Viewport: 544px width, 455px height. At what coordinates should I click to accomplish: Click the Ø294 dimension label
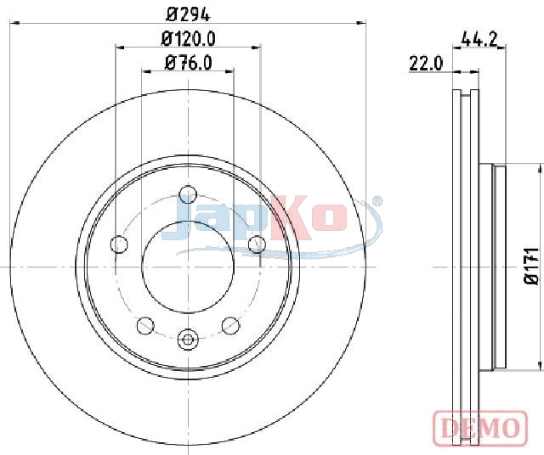tap(189, 14)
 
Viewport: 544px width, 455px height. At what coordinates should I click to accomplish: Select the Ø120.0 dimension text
tap(189, 38)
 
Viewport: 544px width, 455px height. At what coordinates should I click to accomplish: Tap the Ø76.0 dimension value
tap(189, 63)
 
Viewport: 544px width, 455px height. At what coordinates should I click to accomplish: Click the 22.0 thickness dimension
tap(426, 64)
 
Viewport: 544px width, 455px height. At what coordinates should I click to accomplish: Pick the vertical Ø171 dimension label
tap(531, 267)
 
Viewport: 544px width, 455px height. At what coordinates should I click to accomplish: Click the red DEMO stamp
tap(481, 429)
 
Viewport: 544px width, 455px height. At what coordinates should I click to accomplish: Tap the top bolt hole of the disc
tap(188, 194)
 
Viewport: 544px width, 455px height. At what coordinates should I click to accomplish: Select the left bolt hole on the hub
tap(119, 244)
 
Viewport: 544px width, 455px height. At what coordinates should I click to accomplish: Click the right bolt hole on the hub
tap(257, 244)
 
